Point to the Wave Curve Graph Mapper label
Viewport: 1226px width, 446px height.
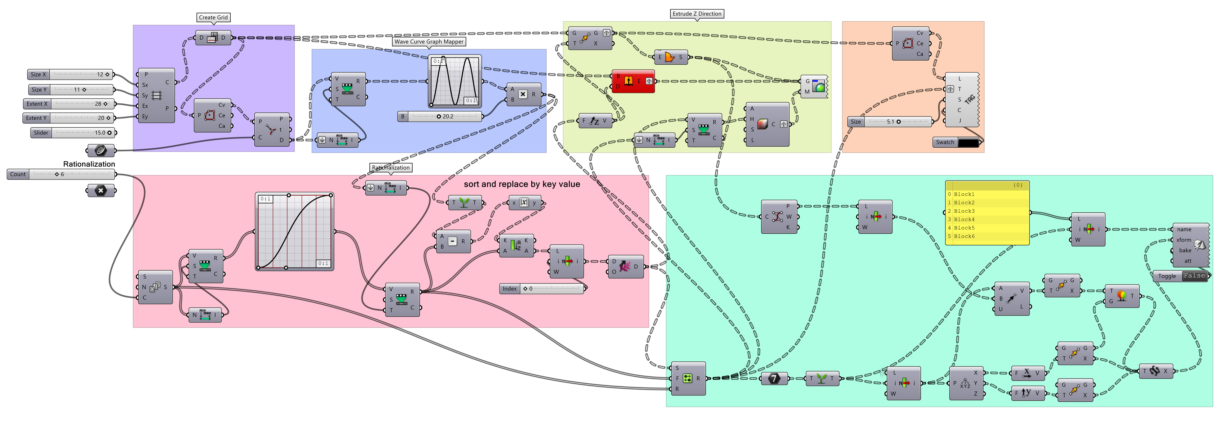[429, 42]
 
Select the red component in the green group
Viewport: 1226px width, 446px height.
[633, 81]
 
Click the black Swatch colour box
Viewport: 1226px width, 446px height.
[968, 142]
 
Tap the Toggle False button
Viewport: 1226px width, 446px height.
[1194, 276]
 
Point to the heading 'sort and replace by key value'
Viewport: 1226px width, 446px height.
[521, 184]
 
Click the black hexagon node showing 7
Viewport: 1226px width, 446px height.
[774, 378]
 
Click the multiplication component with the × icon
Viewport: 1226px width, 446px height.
[522, 94]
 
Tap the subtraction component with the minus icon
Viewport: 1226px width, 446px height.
[452, 242]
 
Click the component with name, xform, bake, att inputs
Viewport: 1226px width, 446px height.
[1190, 245]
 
